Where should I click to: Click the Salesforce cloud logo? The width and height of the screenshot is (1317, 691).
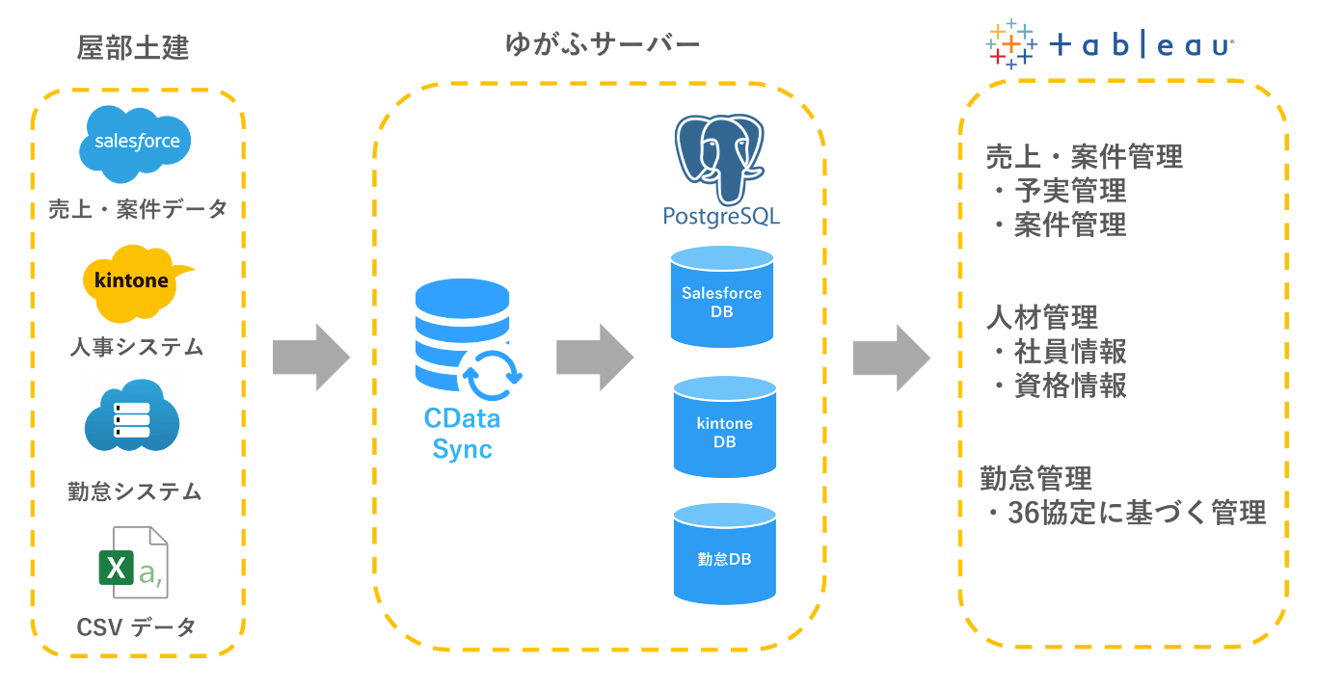[x=136, y=144]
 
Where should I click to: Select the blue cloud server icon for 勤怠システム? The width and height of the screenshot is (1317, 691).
[x=132, y=416]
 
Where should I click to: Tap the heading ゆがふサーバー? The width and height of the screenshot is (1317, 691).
[x=603, y=44]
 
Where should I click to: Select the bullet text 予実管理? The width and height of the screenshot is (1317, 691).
[x=1070, y=191]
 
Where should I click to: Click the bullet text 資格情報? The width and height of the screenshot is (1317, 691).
[x=1070, y=385]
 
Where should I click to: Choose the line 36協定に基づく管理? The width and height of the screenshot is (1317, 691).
[x=1136, y=513]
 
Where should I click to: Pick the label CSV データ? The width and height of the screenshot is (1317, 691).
[x=136, y=627]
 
